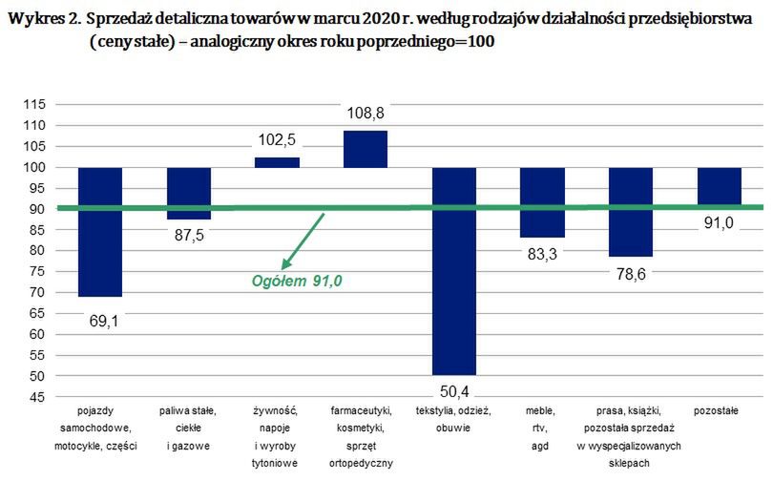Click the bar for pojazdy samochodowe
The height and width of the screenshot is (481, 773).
(100, 232)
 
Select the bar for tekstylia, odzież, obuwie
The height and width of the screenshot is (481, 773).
(454, 271)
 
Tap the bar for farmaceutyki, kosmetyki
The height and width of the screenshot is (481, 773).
(366, 149)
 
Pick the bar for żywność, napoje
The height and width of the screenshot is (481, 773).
(277, 162)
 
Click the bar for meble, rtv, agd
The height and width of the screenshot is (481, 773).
(543, 202)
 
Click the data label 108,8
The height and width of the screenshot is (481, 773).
(366, 115)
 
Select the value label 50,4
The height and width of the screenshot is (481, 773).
(454, 390)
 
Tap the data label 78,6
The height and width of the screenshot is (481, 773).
(632, 273)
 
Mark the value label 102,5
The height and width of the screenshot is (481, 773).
(277, 140)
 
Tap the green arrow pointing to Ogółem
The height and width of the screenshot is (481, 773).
(303, 241)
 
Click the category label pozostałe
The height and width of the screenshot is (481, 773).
(720, 411)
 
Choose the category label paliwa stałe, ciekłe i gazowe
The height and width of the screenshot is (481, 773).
(189, 428)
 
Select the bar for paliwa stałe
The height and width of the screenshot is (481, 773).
(189, 194)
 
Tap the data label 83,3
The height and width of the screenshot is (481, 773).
(543, 253)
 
